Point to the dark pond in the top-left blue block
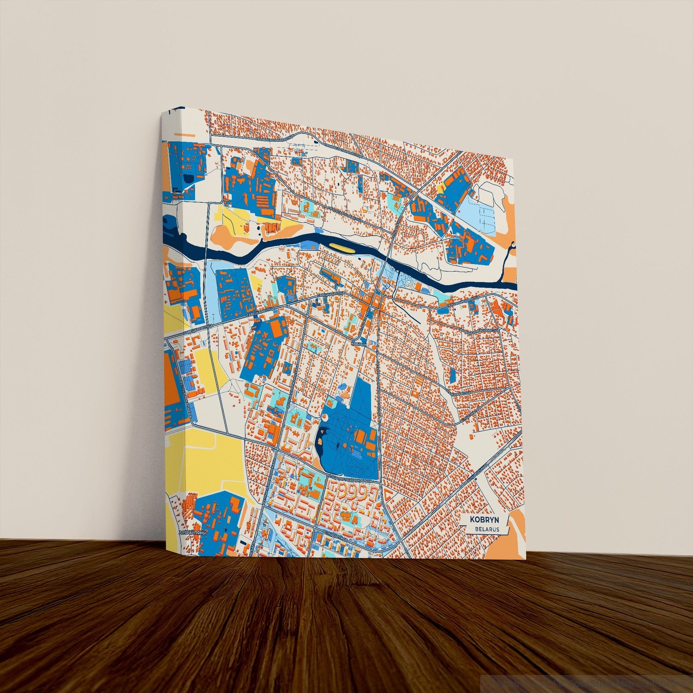(188, 178)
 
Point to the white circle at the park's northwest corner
(324, 417)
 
